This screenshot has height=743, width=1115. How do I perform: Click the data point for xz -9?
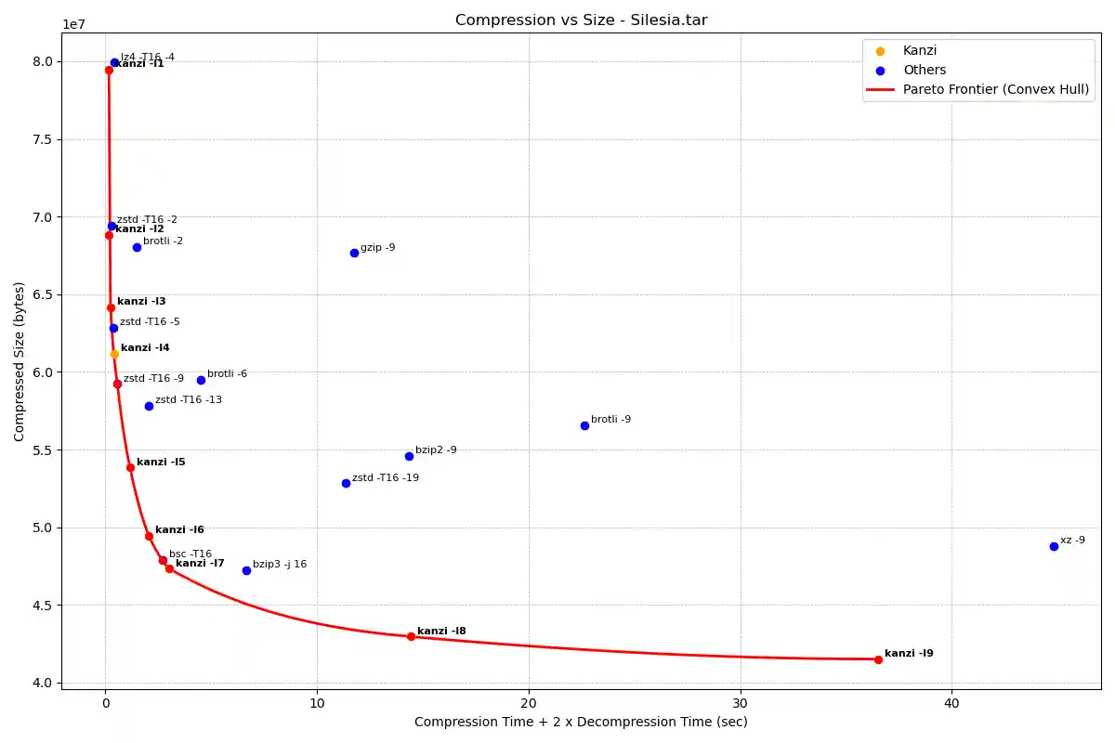(x=1054, y=546)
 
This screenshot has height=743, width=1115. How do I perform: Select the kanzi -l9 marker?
(x=878, y=659)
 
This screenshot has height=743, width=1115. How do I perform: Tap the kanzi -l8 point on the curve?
(x=411, y=636)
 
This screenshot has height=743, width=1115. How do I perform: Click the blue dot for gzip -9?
(x=354, y=253)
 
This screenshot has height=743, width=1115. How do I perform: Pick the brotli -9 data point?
(x=584, y=425)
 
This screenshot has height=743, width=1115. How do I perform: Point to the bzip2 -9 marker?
(x=409, y=456)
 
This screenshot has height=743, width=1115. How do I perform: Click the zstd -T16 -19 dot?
(x=346, y=483)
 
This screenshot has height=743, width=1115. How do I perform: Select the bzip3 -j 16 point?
(x=246, y=570)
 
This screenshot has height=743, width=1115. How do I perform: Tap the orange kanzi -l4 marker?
(x=114, y=354)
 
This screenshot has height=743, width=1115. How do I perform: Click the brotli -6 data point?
(x=201, y=380)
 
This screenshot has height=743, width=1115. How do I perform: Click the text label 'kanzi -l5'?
(x=161, y=462)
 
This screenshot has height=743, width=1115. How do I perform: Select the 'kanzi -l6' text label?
(x=179, y=529)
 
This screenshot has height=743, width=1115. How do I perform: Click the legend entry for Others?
(x=924, y=70)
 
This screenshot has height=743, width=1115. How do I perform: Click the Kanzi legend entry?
(x=919, y=50)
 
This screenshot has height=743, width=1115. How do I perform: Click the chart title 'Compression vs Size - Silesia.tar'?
(x=582, y=20)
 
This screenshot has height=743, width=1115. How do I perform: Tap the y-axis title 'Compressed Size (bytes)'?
(x=20, y=361)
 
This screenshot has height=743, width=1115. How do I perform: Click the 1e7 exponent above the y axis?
(x=75, y=24)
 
